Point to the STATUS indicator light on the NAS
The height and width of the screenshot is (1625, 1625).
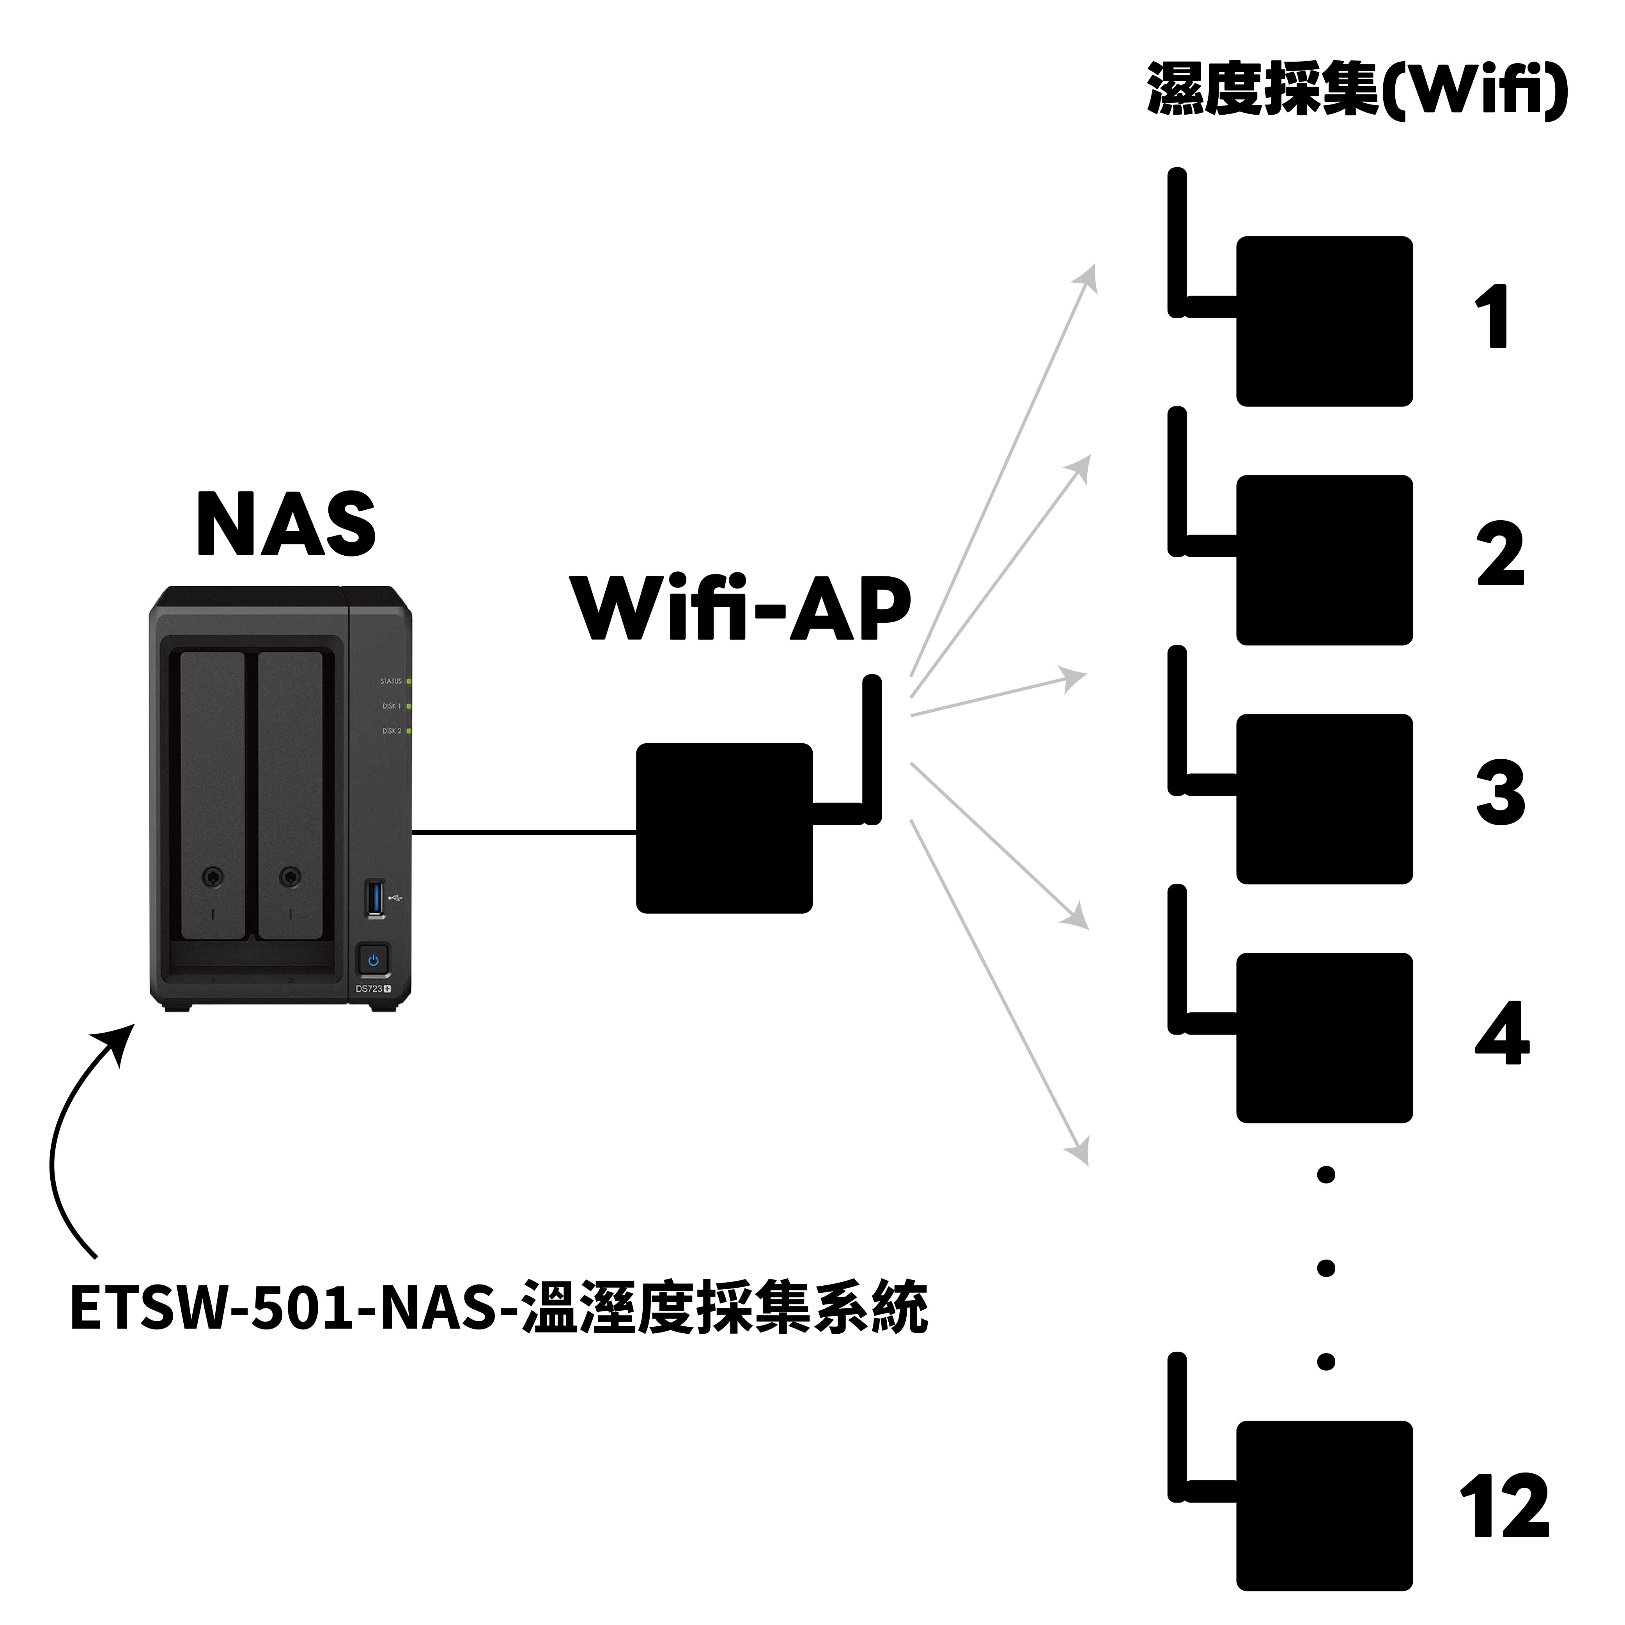[x=409, y=681]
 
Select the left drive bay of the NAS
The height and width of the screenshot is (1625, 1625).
[x=213, y=795]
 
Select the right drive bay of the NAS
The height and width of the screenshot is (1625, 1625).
[x=290, y=795]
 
